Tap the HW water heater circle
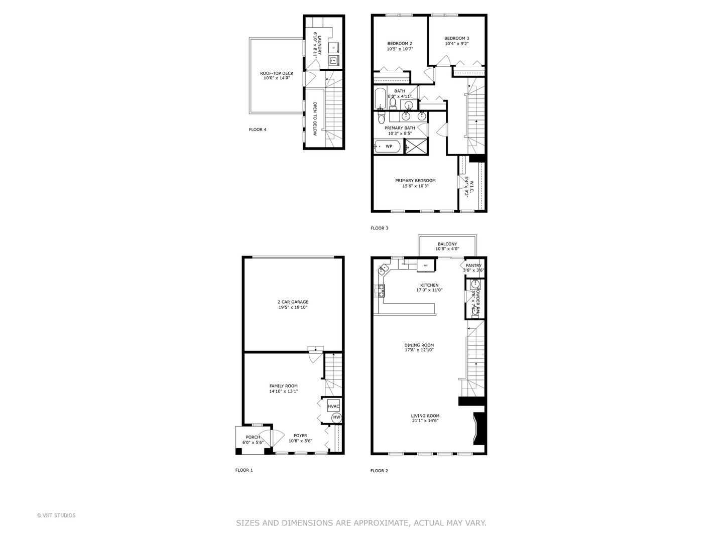point(336,418)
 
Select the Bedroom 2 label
point(400,43)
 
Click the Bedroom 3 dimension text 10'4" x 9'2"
point(456,44)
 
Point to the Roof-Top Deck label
point(277,73)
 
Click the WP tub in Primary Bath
point(388,147)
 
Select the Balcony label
point(447,244)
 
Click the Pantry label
point(473,265)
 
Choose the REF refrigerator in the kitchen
point(426,265)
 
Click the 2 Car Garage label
point(293,302)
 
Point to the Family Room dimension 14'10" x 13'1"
point(283,391)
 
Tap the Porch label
point(253,437)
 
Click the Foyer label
point(300,436)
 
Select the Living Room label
point(425,416)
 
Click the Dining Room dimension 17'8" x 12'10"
point(419,350)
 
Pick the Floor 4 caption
point(258,129)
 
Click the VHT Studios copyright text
point(56,515)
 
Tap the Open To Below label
point(315,118)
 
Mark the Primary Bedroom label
point(415,181)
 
